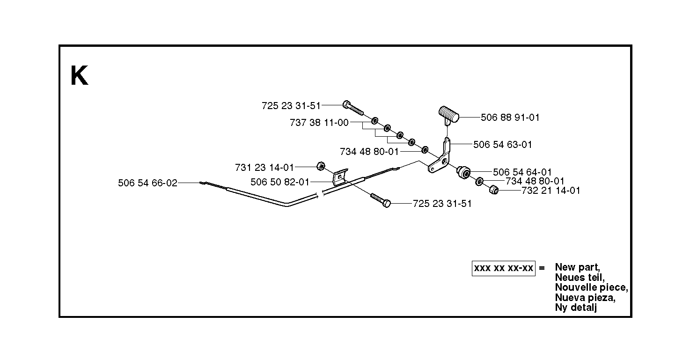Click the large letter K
79,75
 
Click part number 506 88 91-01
510,118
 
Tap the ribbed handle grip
449,114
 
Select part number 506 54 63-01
503,145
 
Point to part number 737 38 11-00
319,123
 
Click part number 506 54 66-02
147,183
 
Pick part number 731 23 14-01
264,168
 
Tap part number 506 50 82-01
279,182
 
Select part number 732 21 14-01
551,191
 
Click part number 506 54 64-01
522,172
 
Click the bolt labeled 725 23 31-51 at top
353,108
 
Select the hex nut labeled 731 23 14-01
321,166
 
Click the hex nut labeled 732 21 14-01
494,190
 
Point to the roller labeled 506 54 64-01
463,172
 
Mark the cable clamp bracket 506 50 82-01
340,178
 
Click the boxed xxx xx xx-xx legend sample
504,268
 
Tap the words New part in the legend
578,267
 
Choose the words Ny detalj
576,308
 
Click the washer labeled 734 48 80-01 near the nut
479,181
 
